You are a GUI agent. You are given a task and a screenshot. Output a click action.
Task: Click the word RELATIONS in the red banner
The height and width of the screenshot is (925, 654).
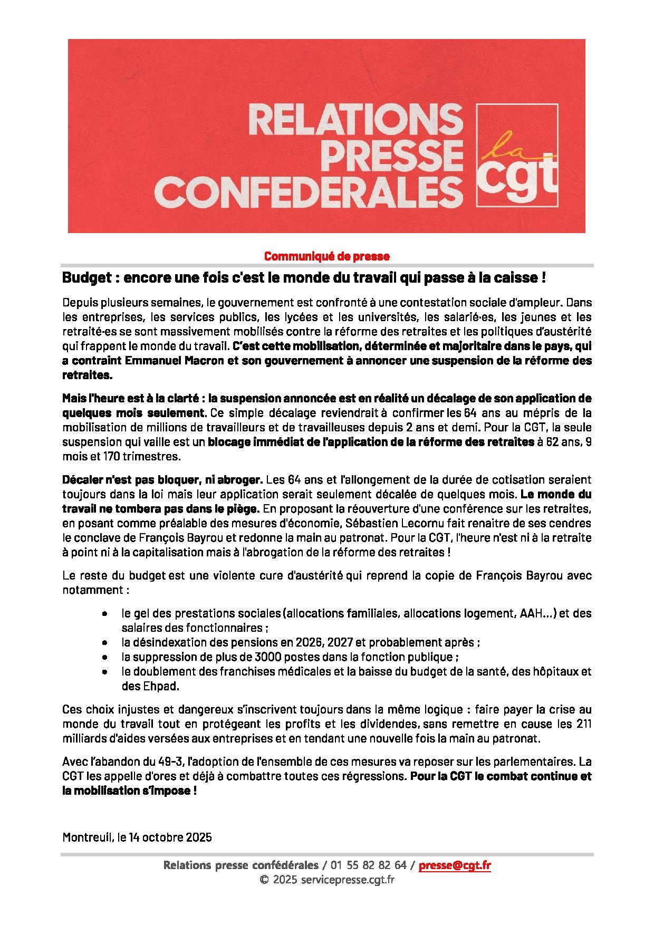click(x=352, y=120)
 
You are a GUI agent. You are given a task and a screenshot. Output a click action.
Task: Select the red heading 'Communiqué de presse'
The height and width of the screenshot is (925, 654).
click(x=326, y=257)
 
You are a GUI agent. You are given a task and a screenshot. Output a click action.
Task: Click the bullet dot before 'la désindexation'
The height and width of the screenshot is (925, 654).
click(x=107, y=643)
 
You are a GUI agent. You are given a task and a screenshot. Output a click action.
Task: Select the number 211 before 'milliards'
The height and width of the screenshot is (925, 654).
click(x=583, y=724)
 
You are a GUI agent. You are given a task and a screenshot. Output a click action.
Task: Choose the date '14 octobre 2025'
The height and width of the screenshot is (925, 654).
click(x=170, y=837)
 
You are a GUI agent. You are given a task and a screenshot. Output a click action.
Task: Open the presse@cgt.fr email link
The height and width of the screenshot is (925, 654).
click(x=455, y=865)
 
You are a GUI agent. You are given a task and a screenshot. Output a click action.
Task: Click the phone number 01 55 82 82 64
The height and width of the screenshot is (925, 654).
click(x=369, y=865)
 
